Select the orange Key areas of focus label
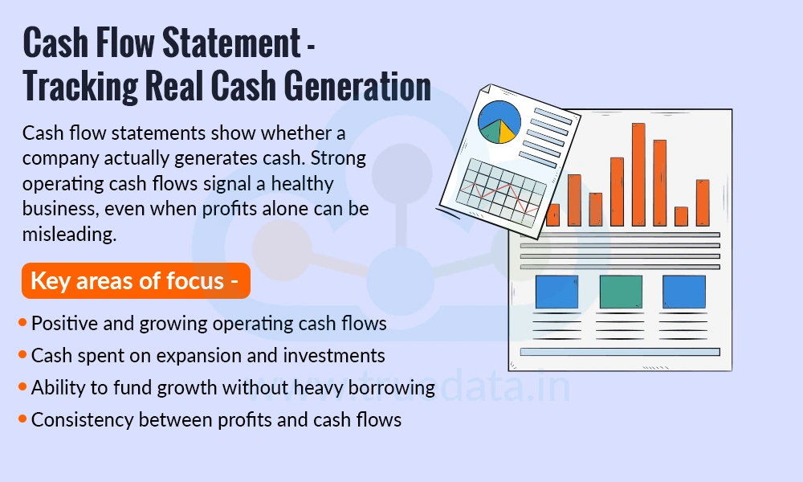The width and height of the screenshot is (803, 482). tap(135, 281)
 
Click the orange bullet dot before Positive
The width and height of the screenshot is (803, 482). tap(22, 323)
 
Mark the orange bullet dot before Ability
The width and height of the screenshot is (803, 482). tap(22, 387)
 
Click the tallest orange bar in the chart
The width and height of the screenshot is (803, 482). tap(638, 174)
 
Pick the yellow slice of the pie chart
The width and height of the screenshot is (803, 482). tap(506, 132)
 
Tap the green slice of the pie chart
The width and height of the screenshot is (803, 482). tap(490, 132)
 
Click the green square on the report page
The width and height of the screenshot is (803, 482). tap(621, 292)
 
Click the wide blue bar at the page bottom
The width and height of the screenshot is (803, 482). tap(619, 351)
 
